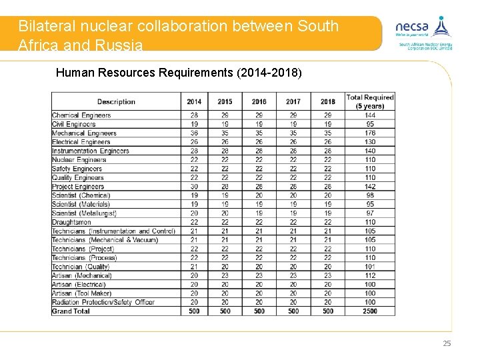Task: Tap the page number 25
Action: click(x=447, y=343)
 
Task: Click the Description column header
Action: click(x=116, y=101)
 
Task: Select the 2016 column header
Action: click(x=259, y=101)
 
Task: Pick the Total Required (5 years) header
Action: click(x=370, y=101)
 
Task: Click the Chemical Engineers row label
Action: click(x=81, y=115)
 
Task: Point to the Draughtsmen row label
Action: click(x=71, y=222)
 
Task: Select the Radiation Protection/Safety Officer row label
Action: click(x=103, y=302)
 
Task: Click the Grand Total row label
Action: click(x=71, y=311)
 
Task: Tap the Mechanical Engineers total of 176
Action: click(x=370, y=133)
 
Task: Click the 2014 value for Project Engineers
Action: click(x=194, y=187)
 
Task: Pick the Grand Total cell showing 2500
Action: click(x=370, y=311)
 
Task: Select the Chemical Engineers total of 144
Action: click(x=370, y=115)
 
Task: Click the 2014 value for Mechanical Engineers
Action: click(x=194, y=133)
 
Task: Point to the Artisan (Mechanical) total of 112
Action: click(x=370, y=275)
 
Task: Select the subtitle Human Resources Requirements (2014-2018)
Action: click(x=179, y=72)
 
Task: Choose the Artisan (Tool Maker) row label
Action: click(x=83, y=293)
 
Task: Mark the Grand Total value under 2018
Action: click(x=327, y=311)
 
